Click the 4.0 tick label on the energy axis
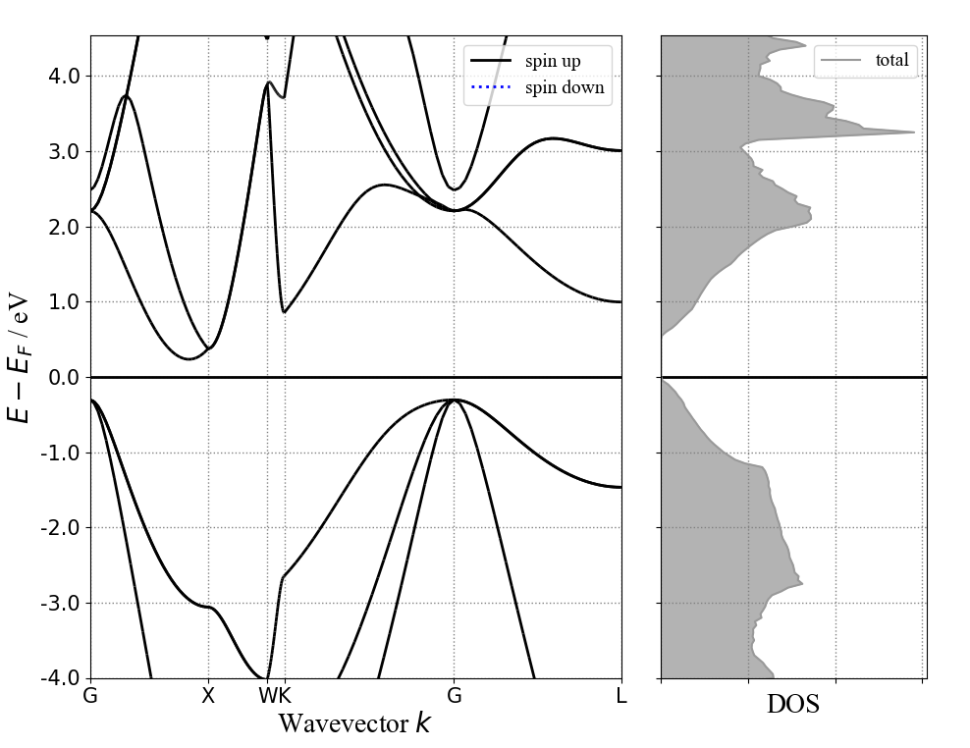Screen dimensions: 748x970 [x=63, y=77]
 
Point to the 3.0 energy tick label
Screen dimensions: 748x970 [x=63, y=152]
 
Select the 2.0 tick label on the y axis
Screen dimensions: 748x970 [x=63, y=227]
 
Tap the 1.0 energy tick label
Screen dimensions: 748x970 [x=63, y=302]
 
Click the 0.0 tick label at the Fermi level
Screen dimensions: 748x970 [x=63, y=378]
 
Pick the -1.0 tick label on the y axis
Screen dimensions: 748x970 [x=60, y=454]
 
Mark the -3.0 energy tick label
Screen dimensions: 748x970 [x=60, y=604]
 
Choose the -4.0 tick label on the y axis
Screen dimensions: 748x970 [x=60, y=678]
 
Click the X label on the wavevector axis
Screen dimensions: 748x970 [x=208, y=696]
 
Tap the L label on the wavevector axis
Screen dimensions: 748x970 [x=621, y=696]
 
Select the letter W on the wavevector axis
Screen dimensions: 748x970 [x=266, y=696]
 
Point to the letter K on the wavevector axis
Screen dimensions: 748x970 [x=284, y=696]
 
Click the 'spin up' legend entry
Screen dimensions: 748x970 [x=551, y=62]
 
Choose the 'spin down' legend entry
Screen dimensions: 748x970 [x=556, y=88]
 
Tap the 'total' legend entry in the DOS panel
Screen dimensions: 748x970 [x=891, y=61]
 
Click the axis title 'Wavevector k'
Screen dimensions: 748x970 [x=354, y=724]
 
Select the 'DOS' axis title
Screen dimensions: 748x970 [x=792, y=705]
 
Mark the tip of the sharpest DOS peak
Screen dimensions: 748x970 [x=914, y=132]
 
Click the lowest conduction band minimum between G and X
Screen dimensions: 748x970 [x=189, y=359]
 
